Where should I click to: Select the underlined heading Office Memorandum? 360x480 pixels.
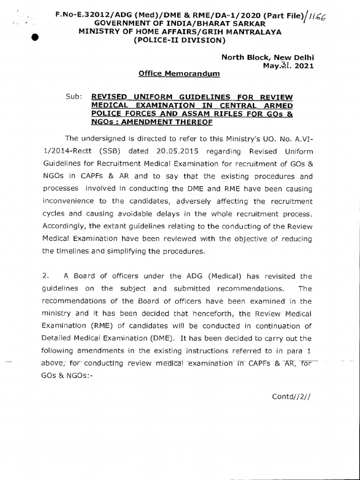[x=179, y=74]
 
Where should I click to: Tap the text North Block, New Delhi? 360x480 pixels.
[x=267, y=57]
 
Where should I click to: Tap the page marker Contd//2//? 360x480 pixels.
[x=292, y=397]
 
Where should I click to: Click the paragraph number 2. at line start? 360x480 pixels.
[x=45, y=276]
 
